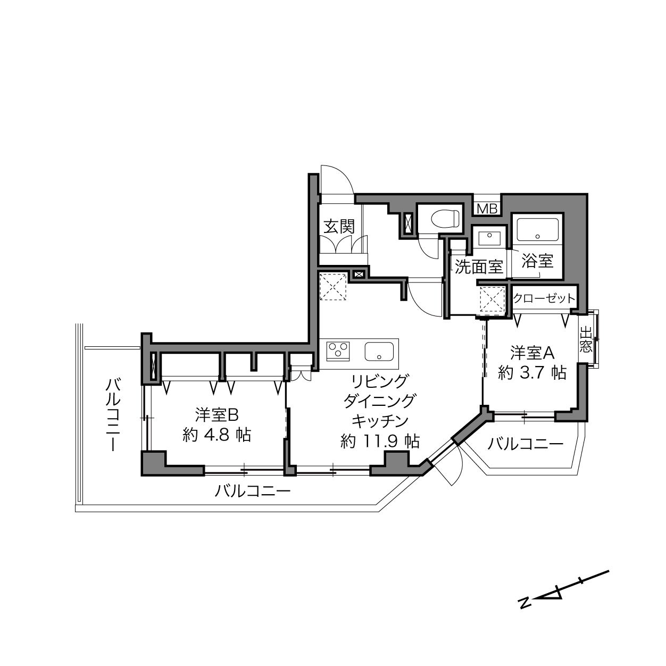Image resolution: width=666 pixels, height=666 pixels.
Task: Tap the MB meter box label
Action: click(487, 209)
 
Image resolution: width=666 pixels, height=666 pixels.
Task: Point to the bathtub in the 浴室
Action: click(537, 229)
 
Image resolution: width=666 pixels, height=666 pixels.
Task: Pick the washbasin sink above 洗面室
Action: click(489, 238)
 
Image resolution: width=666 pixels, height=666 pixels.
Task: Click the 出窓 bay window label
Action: click(586, 340)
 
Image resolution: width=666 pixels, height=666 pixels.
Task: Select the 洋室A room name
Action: click(532, 353)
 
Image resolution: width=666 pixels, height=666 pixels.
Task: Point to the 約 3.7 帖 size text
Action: click(532, 373)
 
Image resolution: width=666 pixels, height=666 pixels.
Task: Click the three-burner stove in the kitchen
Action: click(338, 351)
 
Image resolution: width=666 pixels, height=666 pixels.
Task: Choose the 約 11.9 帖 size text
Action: click(380, 441)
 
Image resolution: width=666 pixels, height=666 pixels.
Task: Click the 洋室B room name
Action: click(217, 415)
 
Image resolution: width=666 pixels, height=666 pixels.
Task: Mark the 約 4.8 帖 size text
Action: click(217, 435)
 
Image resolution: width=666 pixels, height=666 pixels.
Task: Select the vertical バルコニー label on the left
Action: click(113, 414)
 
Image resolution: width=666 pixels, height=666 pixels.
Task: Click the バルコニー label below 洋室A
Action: click(526, 444)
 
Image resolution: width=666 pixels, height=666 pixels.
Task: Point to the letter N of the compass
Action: click(526, 612)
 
